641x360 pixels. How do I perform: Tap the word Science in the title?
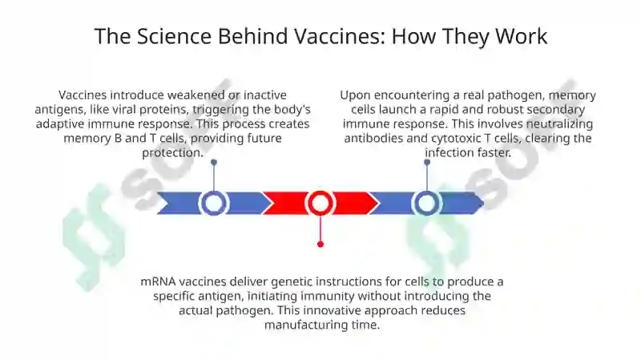(174, 36)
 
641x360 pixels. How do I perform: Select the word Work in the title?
(522, 36)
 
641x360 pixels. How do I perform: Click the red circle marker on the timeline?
(320, 203)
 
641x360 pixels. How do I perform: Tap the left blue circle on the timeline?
(213, 203)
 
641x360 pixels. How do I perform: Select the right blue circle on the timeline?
(427, 203)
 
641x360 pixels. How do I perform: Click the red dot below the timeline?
(320, 245)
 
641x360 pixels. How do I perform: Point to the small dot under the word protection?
(214, 163)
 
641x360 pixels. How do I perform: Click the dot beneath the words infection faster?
(427, 163)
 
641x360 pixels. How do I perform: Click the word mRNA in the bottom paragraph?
(158, 281)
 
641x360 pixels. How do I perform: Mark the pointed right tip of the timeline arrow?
(484, 203)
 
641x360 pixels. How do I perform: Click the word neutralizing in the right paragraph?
(559, 124)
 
